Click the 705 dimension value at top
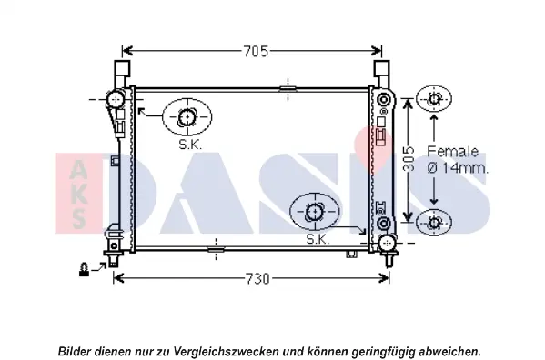click(x=256, y=52)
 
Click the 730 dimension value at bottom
click(x=257, y=279)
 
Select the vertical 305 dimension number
click(x=409, y=159)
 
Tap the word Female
click(x=452, y=151)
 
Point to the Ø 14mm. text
click(x=458, y=168)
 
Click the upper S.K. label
click(x=190, y=145)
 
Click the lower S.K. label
click(x=318, y=239)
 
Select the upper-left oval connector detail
click(x=187, y=117)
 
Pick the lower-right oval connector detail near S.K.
click(x=315, y=212)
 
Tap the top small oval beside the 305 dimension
click(x=434, y=99)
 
